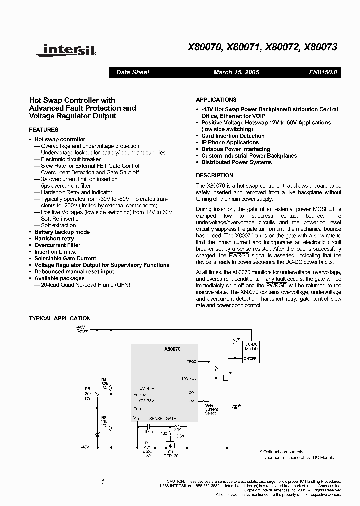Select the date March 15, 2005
point(236,72)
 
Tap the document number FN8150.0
point(323,72)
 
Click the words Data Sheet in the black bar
point(133,72)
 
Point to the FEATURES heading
point(44,130)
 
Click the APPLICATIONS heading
point(216,100)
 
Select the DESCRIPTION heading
point(214,176)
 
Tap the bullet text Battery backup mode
point(62,232)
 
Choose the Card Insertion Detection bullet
point(233,136)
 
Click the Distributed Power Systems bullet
point(236,162)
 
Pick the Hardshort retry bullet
point(54,239)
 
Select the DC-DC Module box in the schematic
point(250,352)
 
